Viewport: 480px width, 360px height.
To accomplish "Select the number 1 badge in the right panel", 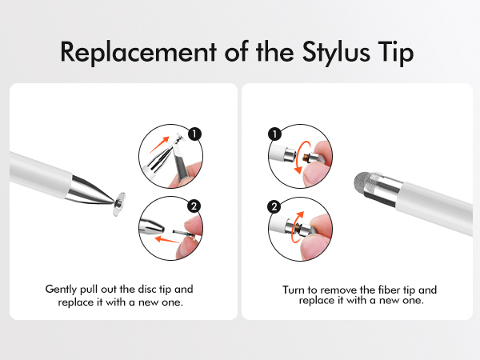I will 274,135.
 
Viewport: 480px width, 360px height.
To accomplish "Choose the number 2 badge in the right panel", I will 274,206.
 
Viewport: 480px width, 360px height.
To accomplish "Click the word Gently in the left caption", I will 61,289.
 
